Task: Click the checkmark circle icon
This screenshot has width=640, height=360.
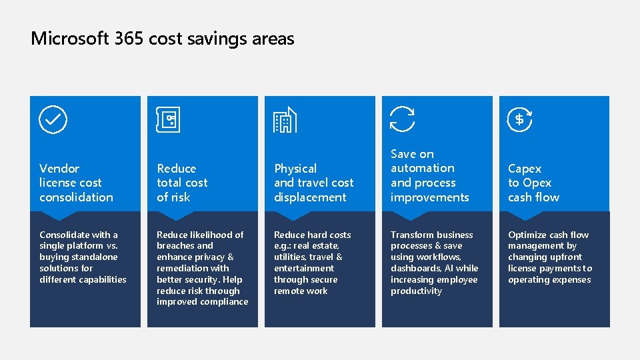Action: tap(53, 119)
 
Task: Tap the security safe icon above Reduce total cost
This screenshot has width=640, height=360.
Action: tap(169, 120)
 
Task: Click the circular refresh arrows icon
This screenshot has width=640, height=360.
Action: tap(402, 119)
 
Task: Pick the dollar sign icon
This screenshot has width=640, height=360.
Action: tap(519, 119)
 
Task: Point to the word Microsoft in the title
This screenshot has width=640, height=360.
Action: tap(69, 39)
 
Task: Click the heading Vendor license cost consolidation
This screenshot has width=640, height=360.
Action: tap(76, 183)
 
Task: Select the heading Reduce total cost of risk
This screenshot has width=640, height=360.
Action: tap(182, 183)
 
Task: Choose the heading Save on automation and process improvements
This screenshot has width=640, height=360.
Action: tap(429, 175)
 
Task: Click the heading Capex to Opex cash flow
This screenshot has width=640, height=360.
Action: tap(533, 183)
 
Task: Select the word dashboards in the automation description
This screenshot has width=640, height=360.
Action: tap(415, 268)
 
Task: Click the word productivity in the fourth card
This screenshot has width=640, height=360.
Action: tap(416, 291)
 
